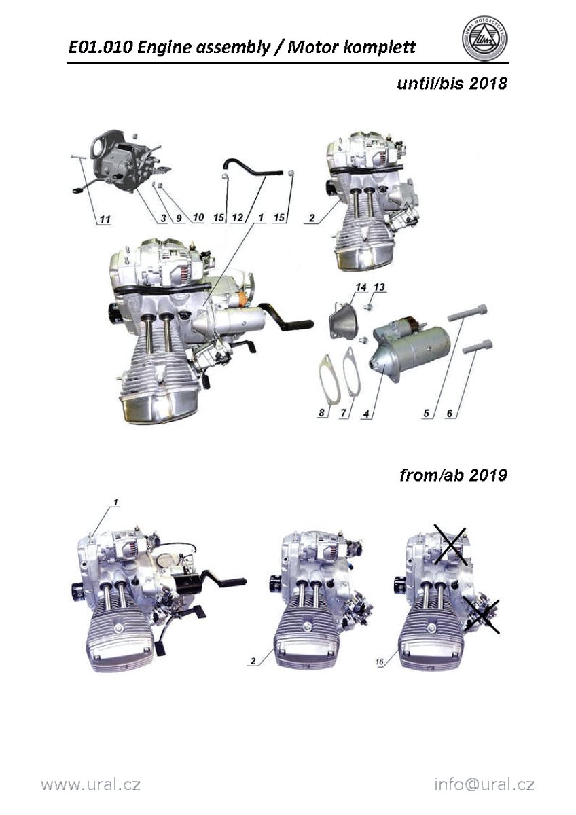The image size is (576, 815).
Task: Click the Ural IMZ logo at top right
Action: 485,38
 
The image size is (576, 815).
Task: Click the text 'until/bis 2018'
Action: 452,84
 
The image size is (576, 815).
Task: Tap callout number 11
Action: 105,219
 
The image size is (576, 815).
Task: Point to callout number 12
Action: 238,217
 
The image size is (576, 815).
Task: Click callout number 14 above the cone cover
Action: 361,287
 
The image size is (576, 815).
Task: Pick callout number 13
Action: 379,287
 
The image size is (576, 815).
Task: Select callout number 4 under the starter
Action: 366,414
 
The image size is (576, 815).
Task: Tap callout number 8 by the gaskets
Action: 322,413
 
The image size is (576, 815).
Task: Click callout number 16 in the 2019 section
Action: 379,662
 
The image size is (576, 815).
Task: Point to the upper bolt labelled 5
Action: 467,312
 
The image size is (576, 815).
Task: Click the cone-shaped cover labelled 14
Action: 343,319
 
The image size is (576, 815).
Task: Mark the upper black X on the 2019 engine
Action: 450,546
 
